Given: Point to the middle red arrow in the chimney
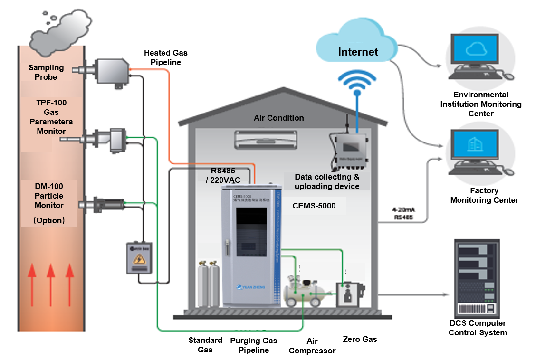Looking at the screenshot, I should coord(51,284).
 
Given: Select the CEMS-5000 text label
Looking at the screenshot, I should coord(314,206).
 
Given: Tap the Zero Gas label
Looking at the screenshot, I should coord(360,339).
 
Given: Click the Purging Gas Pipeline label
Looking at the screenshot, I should coord(253,345).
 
